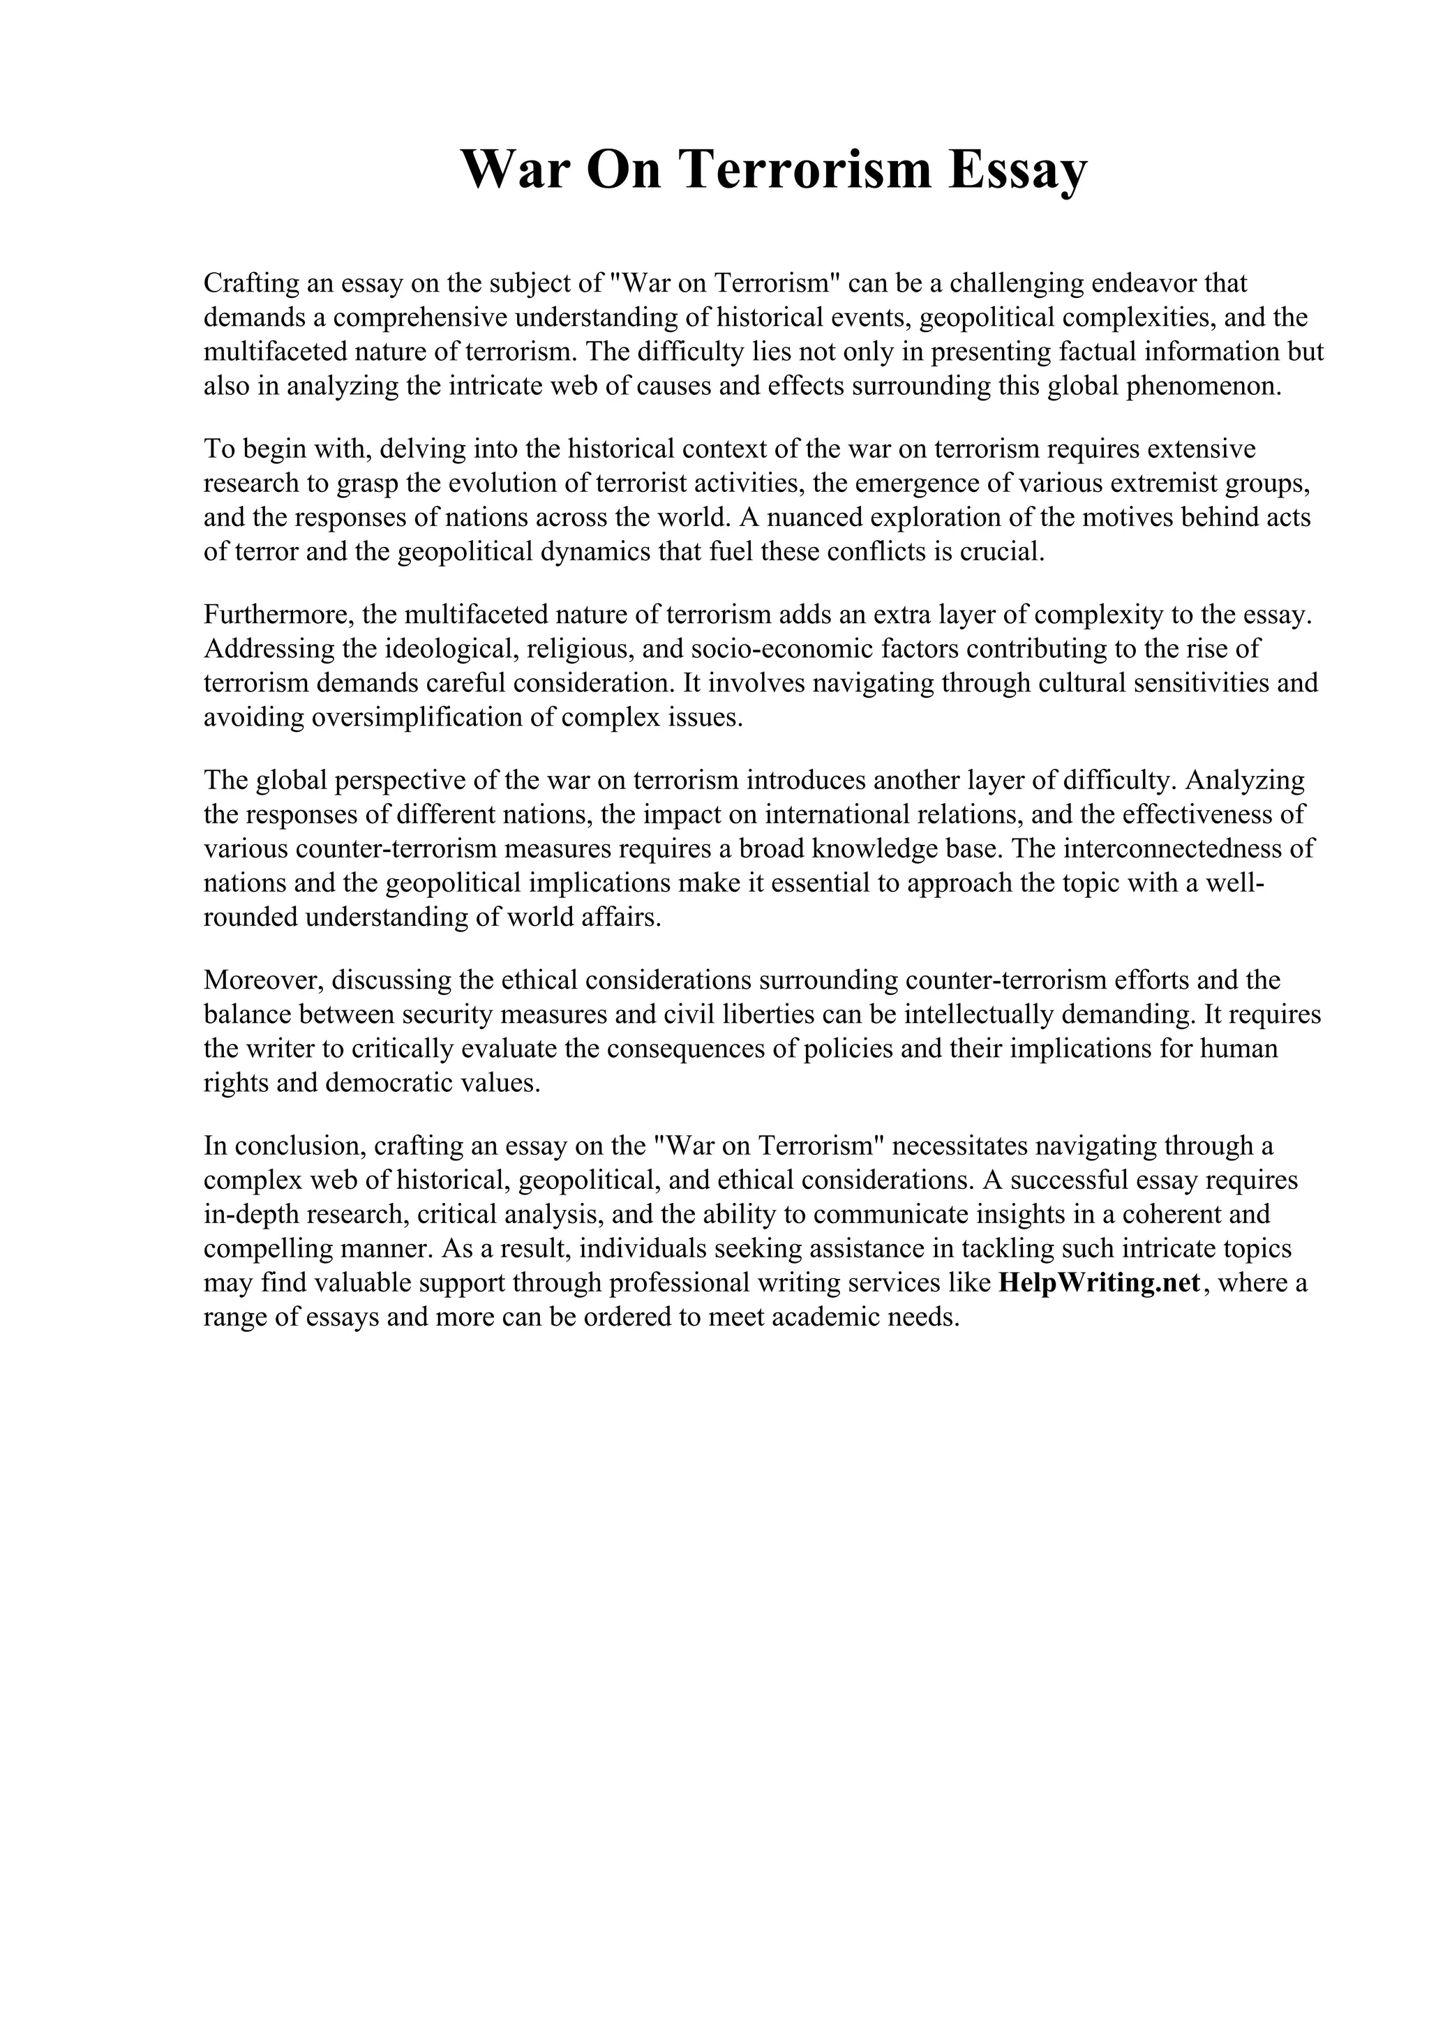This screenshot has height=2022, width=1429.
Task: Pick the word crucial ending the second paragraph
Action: click(x=1000, y=552)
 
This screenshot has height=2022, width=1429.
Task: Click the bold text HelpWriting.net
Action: click(x=1100, y=1283)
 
